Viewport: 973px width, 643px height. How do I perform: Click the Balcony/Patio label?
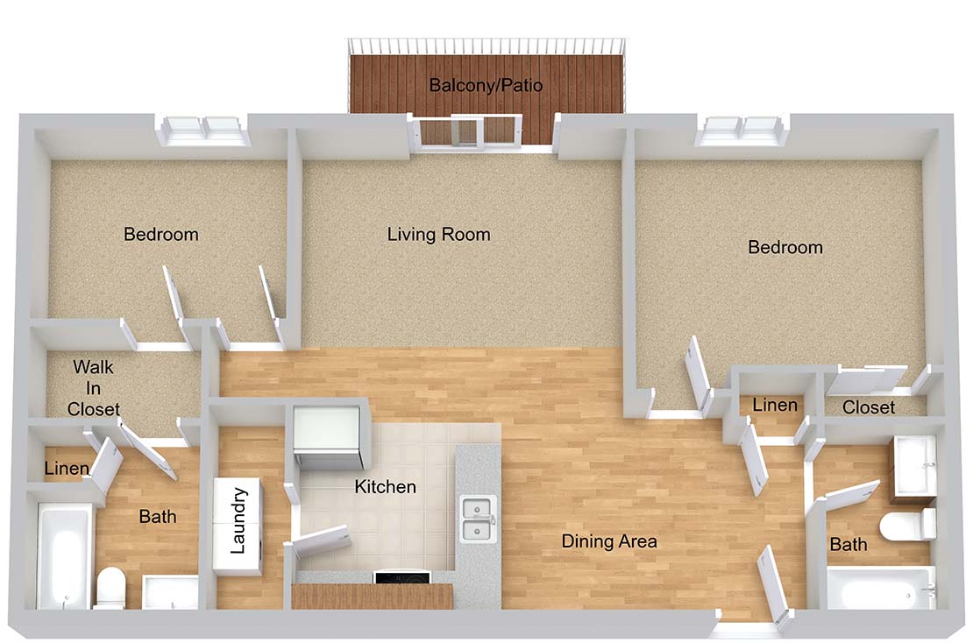click(486, 85)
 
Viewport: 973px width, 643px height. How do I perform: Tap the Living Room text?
click(438, 235)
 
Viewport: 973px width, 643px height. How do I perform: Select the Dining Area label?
click(608, 541)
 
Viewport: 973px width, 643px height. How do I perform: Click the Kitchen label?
click(386, 487)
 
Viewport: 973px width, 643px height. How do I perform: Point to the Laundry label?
click(238, 521)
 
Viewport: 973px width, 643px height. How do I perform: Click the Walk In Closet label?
click(94, 388)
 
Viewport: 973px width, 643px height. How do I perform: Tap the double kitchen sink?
click(478, 519)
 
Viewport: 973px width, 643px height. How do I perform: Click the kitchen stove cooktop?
click(401, 577)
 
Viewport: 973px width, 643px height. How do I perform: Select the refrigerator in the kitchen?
click(328, 438)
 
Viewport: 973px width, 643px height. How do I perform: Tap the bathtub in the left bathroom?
click(63, 555)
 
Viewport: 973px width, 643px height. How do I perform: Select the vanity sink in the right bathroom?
click(914, 469)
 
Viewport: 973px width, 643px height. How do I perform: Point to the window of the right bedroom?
click(741, 131)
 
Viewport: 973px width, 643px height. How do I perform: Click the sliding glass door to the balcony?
click(468, 132)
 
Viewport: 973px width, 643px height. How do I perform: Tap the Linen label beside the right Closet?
click(774, 406)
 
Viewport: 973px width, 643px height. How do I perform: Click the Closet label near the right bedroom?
click(869, 407)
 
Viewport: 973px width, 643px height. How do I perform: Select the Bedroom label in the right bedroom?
click(785, 247)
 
